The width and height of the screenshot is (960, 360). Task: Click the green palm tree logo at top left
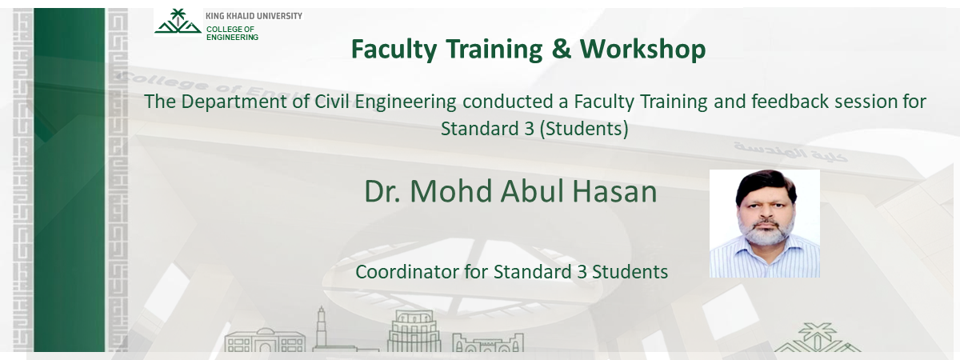178,22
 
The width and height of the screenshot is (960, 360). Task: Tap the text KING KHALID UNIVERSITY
254,16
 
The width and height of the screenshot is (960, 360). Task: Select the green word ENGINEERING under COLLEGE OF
232,38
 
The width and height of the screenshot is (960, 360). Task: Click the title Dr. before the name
383,192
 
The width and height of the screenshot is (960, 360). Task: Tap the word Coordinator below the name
407,271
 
